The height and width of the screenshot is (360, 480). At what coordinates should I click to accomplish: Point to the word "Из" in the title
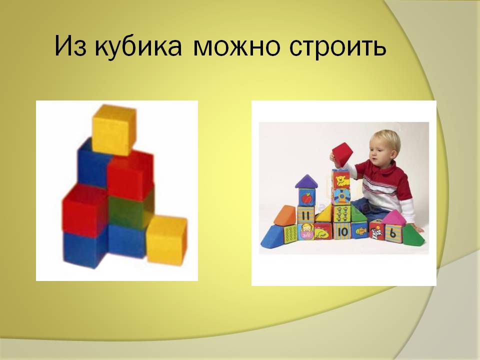click(70, 46)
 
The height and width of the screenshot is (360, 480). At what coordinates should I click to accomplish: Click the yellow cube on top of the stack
click(114, 130)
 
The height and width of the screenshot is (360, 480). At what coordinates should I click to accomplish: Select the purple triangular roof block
click(306, 181)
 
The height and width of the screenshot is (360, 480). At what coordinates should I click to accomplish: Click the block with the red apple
click(306, 197)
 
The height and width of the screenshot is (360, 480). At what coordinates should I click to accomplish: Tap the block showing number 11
click(306, 215)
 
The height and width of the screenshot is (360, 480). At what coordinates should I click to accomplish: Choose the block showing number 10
click(342, 231)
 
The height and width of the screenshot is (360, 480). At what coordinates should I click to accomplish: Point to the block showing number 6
click(393, 234)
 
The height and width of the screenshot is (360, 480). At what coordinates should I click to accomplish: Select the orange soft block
click(285, 214)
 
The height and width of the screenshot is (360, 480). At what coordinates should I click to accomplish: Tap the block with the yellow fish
click(359, 230)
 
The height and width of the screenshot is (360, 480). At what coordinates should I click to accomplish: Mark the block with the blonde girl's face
click(306, 231)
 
